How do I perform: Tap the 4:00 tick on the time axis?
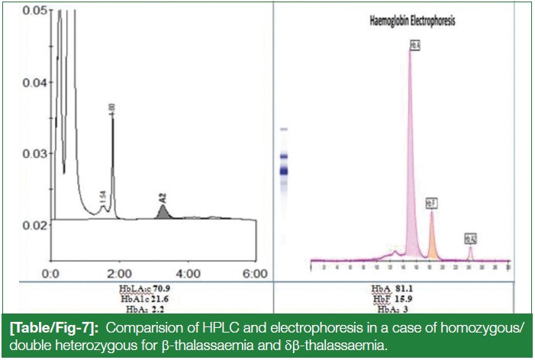189,272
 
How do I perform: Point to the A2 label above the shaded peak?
162,198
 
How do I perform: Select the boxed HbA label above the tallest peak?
415,46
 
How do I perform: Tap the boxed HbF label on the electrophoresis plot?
432,204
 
